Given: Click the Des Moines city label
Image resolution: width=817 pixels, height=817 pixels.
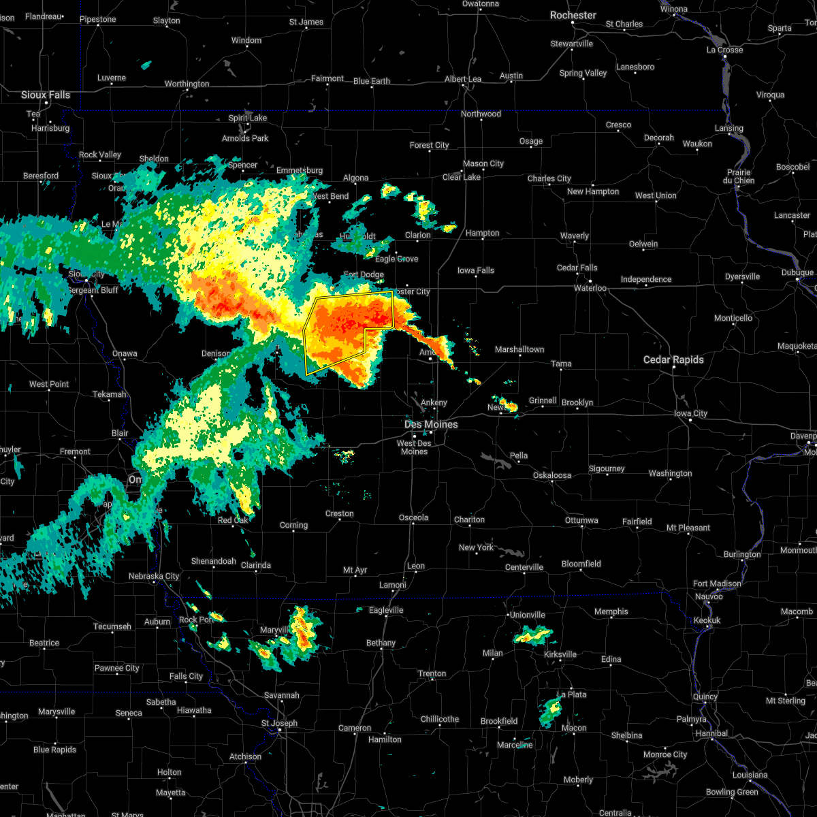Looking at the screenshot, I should point(431,424).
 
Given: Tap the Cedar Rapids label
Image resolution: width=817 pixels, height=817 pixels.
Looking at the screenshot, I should point(673,359).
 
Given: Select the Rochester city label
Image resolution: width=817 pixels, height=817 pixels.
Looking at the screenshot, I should point(573,15).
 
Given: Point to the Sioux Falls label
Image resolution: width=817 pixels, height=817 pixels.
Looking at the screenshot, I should point(46,95).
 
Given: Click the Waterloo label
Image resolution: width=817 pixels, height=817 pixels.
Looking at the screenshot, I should point(590,288).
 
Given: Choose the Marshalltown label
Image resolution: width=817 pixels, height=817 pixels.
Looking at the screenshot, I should point(519,349).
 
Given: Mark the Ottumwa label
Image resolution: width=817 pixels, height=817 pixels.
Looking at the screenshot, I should point(581,520).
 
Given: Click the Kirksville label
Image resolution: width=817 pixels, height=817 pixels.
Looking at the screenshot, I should point(560,654).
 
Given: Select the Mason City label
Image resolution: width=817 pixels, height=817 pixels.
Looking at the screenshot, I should point(483,163).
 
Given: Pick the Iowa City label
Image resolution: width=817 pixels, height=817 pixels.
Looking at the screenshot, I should point(690,413).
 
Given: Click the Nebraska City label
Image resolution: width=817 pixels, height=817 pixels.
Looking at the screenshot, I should point(154,576).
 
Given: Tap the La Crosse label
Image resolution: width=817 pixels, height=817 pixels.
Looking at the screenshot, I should point(724,50).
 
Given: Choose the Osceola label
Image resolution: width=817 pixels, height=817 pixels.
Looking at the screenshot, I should point(413,517).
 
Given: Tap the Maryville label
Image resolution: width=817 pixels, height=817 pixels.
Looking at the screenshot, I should point(274,630).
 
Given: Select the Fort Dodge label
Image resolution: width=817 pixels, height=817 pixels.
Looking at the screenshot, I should point(364,275).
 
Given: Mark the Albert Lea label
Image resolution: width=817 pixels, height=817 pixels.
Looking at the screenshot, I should point(463,79).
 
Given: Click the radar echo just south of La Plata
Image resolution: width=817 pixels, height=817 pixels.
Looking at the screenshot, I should point(551,711).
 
